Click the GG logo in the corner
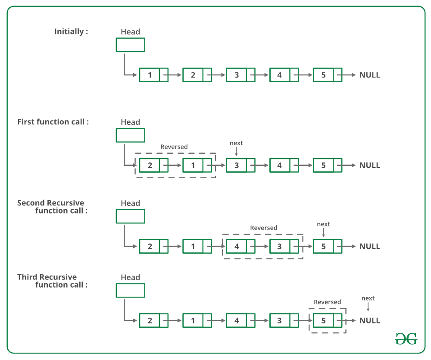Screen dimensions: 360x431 pos(406,339)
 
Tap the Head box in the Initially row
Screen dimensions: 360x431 pos(130,45)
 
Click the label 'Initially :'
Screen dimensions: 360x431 pos(71,31)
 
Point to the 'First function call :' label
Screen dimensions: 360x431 pos(53,122)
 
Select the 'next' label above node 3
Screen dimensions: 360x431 pos(236,143)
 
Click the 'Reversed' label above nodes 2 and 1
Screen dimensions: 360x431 pos(174,147)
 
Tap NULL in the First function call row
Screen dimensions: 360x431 pos(370,165)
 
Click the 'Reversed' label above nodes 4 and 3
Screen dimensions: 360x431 pos(264,228)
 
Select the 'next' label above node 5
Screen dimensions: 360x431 pos(323,224)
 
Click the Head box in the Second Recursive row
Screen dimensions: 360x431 pos(130,216)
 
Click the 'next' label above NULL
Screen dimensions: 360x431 pos(368,298)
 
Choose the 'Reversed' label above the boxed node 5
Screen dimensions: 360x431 pos(327,302)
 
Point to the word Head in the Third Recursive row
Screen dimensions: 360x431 pos(130,277)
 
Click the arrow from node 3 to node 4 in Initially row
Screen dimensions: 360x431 pos(262,75)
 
